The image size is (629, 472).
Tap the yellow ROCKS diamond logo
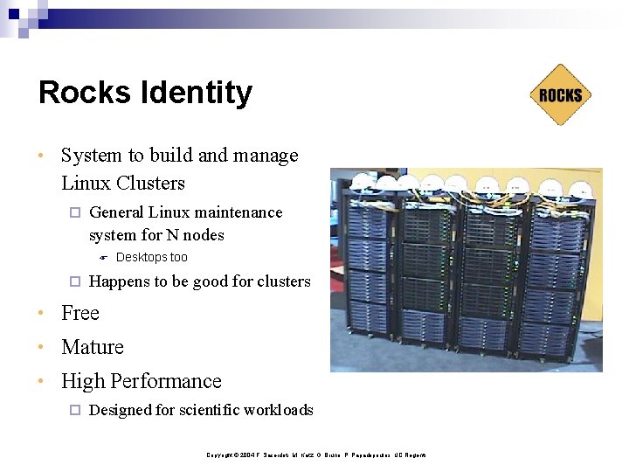tap(560, 94)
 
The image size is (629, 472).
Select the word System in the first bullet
tap(92, 156)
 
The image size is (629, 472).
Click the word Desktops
tap(142, 257)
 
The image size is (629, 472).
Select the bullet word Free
tap(80, 313)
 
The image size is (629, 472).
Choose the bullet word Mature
tap(93, 347)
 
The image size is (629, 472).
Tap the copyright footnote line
tap(315, 455)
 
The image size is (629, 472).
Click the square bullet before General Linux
tap(74, 212)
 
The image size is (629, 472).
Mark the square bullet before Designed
tap(74, 410)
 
